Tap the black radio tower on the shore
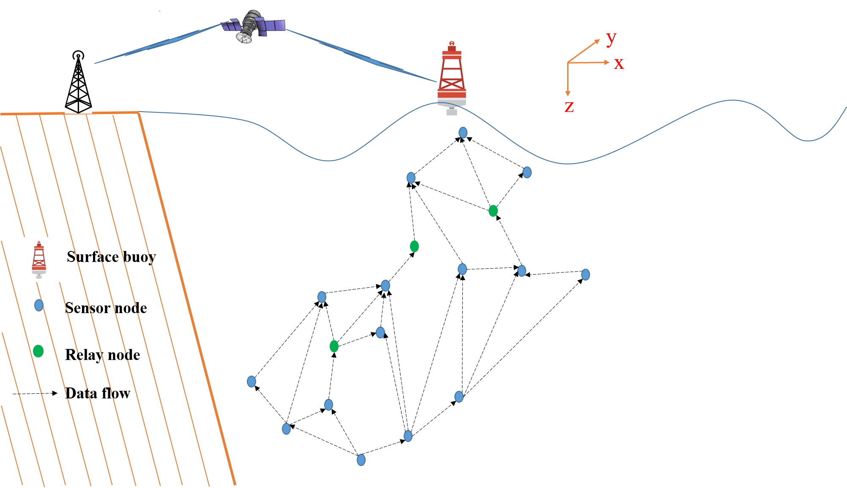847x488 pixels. (x=78, y=82)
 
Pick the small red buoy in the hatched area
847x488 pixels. (x=39, y=259)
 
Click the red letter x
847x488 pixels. (x=619, y=63)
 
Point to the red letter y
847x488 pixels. (x=611, y=38)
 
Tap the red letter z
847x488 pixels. (x=569, y=106)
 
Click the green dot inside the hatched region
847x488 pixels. (x=38, y=351)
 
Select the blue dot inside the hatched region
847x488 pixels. (x=39, y=305)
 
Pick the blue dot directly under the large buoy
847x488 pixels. (x=463, y=133)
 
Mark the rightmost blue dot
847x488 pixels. (x=585, y=275)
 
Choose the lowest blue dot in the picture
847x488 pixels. (x=361, y=460)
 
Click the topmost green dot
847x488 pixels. (x=493, y=210)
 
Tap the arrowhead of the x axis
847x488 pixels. (x=607, y=62)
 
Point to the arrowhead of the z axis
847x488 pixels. (x=568, y=93)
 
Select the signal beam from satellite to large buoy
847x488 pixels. (x=359, y=55)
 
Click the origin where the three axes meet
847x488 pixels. (x=568, y=63)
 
